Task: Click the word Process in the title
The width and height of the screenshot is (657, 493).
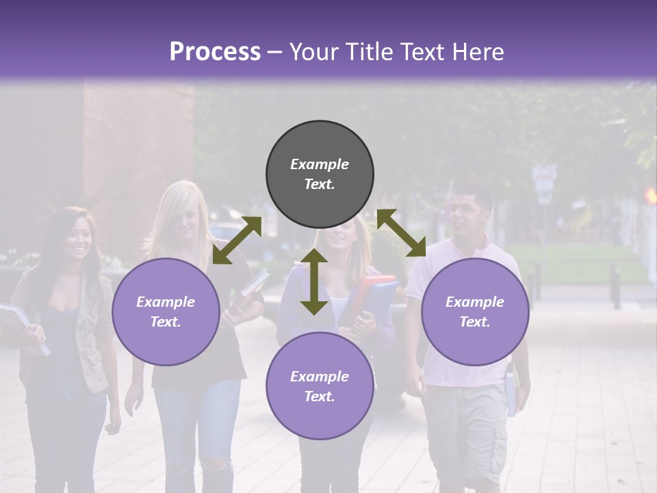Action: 215,52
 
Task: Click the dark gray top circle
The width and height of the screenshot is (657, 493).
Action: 320,175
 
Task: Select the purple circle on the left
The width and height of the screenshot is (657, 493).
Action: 166,312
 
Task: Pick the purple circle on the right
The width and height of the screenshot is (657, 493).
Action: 475,312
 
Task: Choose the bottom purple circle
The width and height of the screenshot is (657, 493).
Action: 320,386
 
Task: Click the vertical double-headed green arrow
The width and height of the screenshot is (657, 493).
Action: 314,281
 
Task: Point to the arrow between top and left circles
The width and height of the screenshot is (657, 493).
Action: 237,240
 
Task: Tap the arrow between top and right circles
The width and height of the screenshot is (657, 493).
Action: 401,233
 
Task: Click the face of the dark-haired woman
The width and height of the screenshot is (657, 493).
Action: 76,241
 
